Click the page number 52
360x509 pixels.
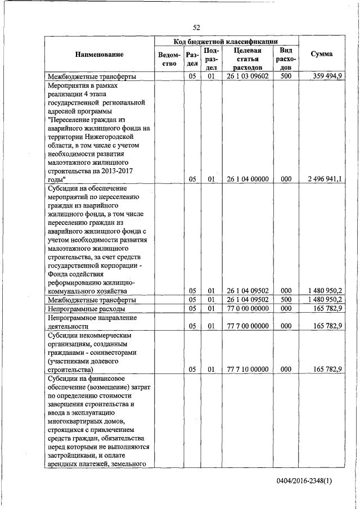tap(196, 28)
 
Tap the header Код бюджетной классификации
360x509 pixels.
tap(227, 42)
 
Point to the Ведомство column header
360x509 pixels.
tap(170, 59)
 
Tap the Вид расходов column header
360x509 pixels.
tap(285, 58)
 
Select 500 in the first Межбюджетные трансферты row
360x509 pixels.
tap(285, 76)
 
